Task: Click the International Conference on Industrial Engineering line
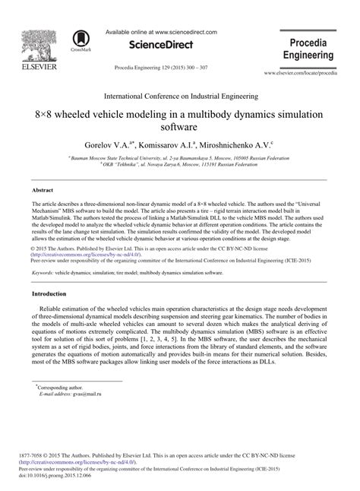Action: pos(179,97)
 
